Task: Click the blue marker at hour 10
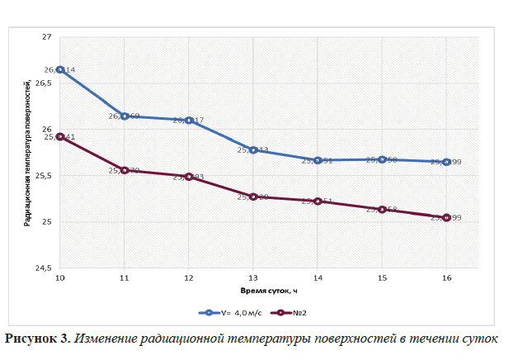click(60, 70)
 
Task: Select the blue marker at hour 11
click(125, 116)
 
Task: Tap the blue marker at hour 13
click(253, 150)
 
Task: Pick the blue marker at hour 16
click(446, 162)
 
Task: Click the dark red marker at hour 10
click(60, 137)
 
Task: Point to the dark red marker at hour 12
click(189, 177)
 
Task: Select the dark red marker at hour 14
click(318, 201)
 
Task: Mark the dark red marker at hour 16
click(446, 217)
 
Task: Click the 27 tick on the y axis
click(47, 37)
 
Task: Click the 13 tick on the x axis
click(253, 278)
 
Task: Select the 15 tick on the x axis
click(382, 278)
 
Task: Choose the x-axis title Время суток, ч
click(252, 291)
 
